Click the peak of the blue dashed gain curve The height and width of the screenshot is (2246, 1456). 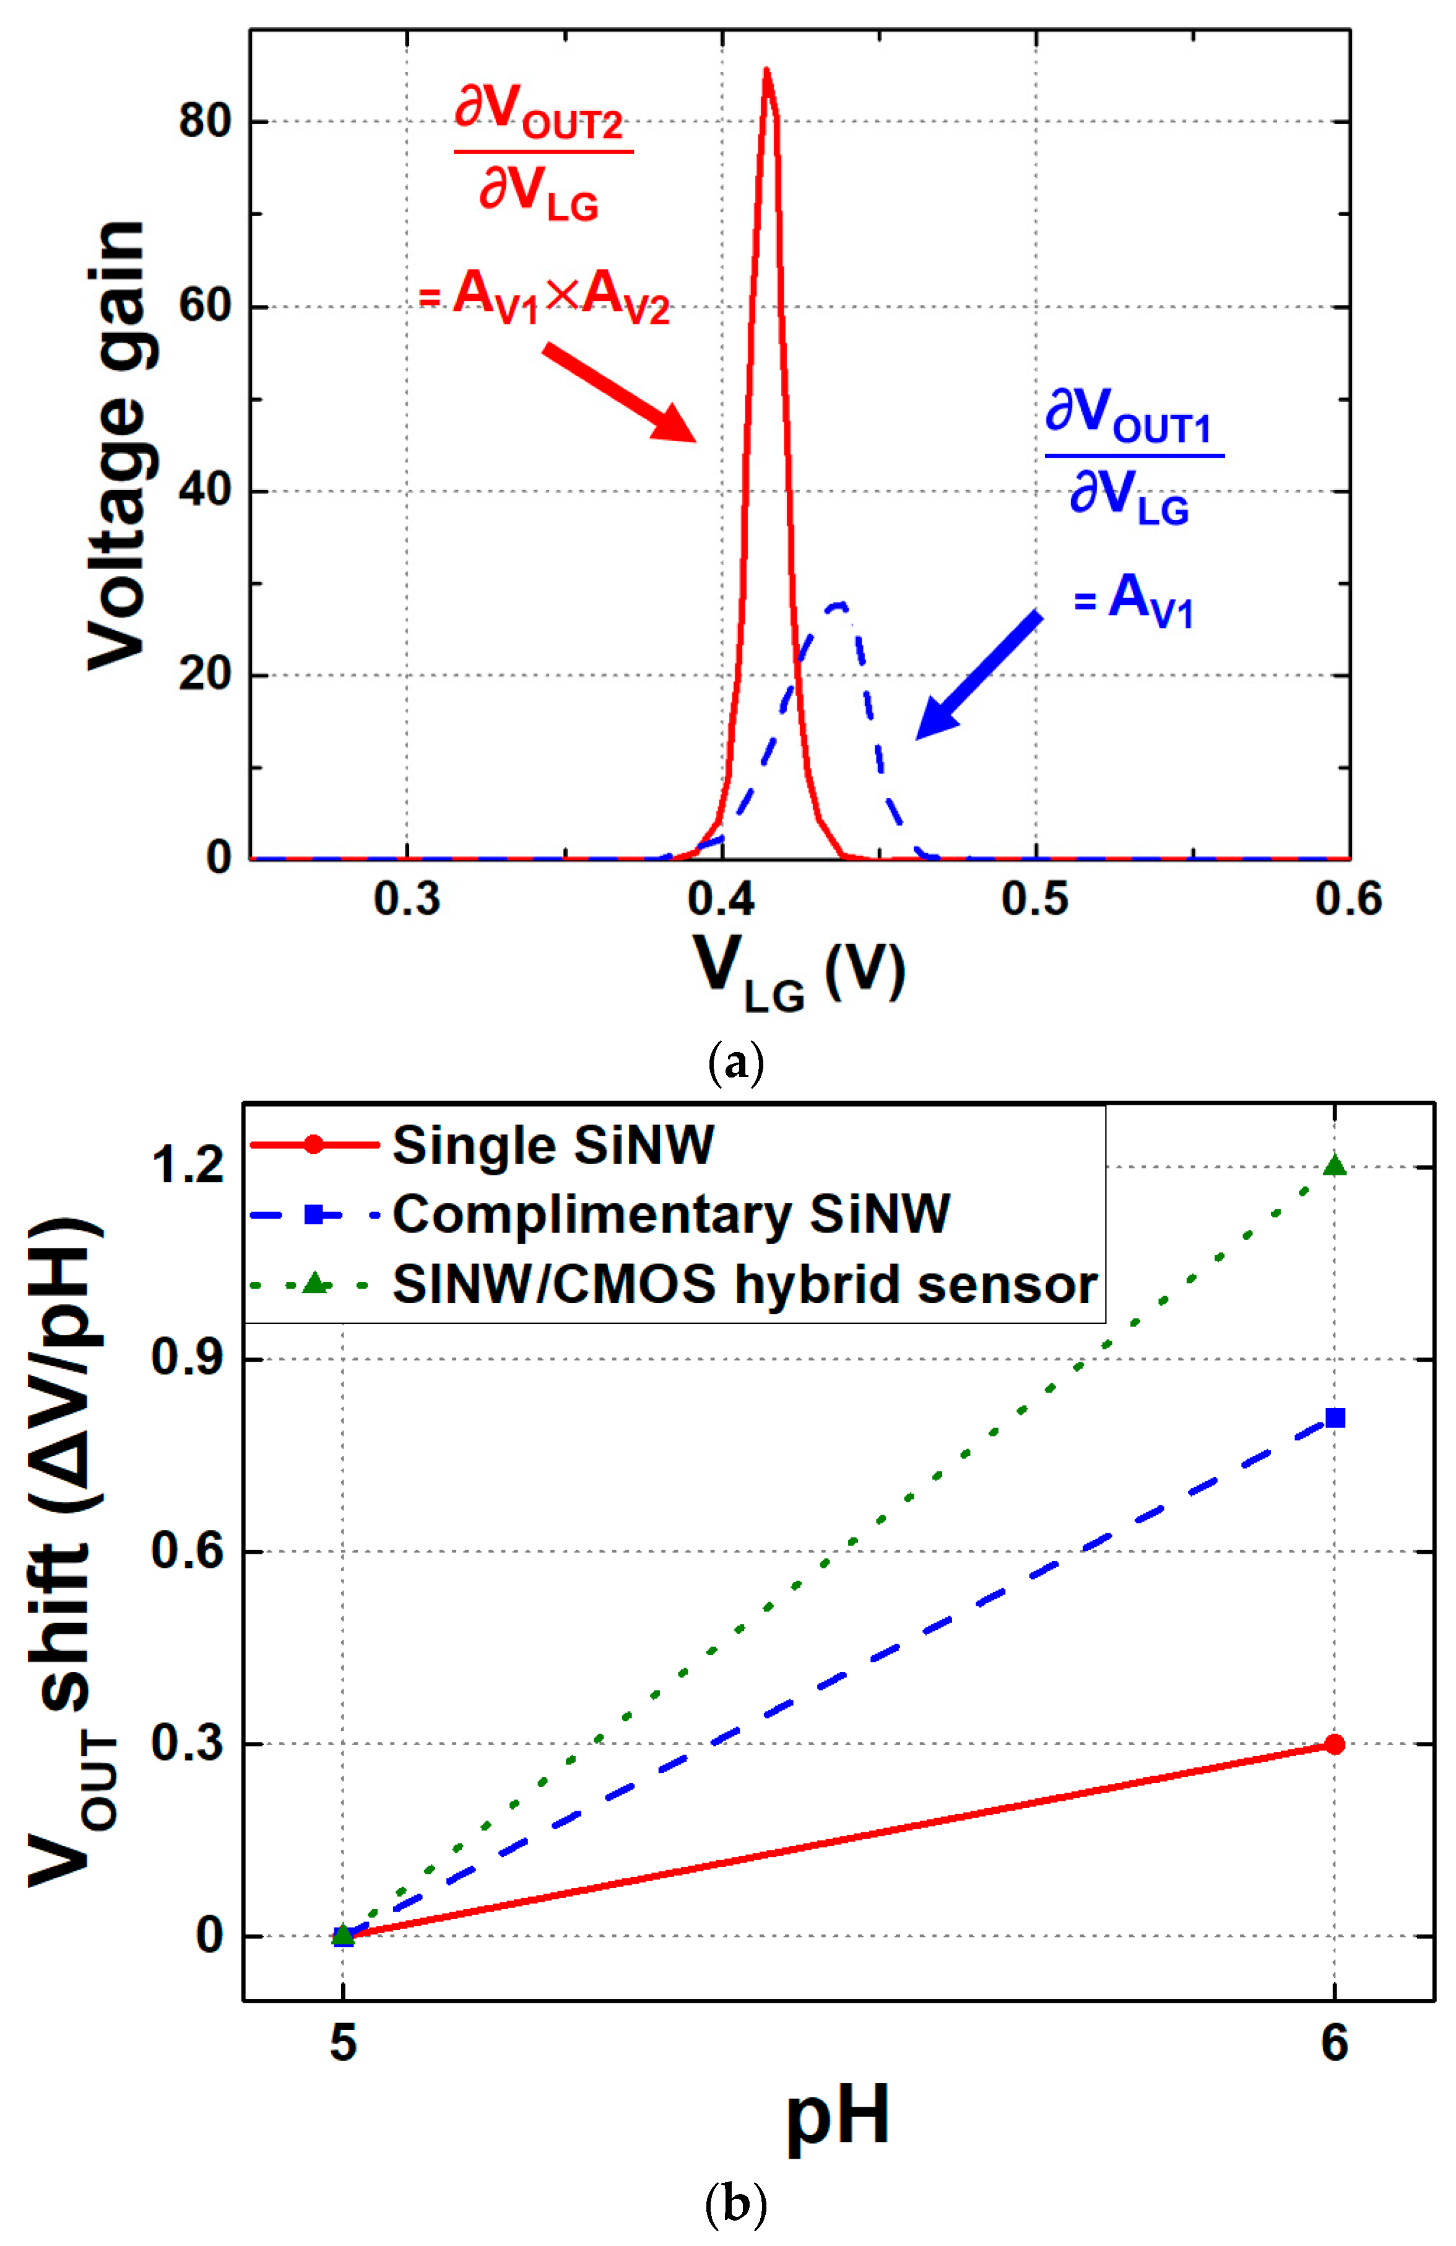(x=836, y=604)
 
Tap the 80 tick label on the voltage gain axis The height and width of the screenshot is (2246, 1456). (x=205, y=122)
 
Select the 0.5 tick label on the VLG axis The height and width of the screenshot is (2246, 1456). (x=1035, y=899)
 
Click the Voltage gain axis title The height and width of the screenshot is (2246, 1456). (x=118, y=443)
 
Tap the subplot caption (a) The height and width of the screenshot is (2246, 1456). (x=735, y=1063)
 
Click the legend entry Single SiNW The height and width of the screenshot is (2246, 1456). (x=553, y=1146)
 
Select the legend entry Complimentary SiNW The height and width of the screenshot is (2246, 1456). (x=670, y=1214)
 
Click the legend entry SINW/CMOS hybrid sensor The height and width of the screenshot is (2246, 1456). (x=743, y=1284)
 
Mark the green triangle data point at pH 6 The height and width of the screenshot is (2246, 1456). (x=1333, y=1165)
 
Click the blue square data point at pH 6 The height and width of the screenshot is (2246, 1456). (x=1333, y=1418)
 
